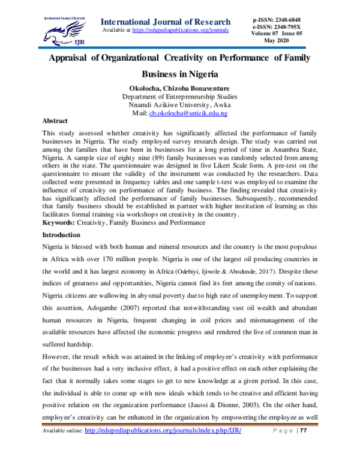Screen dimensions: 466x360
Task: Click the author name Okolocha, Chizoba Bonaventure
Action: tap(179, 88)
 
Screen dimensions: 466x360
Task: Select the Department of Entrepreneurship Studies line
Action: tap(179, 96)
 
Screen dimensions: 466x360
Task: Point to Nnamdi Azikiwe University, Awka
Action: tap(179, 104)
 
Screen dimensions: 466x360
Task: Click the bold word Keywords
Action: tap(59, 222)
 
